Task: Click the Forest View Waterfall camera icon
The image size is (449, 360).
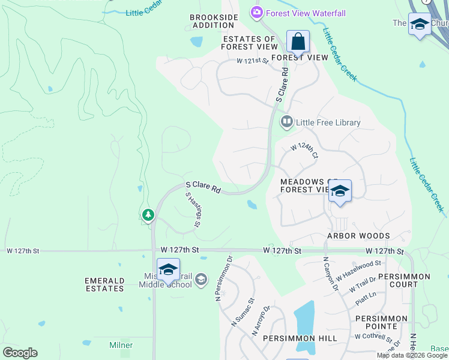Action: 257,12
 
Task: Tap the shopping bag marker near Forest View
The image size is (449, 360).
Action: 298,42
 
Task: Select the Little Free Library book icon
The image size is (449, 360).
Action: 287,122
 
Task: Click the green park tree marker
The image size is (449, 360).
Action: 148,214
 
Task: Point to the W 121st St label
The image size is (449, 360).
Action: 252,61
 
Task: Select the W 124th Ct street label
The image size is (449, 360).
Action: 304,151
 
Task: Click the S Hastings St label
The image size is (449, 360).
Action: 192,209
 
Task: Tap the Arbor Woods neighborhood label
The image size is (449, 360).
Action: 358,236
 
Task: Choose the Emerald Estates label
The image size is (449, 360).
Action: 104,284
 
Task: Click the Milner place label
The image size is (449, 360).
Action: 121,345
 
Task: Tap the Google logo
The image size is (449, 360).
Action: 20,352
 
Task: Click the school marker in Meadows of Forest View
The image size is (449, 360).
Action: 340,191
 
